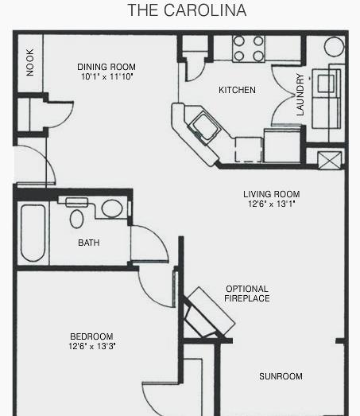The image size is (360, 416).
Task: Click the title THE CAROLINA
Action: pyautogui.click(x=188, y=10)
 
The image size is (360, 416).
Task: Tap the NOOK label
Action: pyautogui.click(x=30, y=62)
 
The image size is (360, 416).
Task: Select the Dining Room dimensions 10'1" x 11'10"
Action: pyautogui.click(x=106, y=76)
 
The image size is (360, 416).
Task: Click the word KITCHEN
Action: pyautogui.click(x=237, y=90)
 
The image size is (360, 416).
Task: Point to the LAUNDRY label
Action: pyautogui.click(x=300, y=95)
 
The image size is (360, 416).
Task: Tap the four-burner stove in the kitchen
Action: pyautogui.click(x=249, y=49)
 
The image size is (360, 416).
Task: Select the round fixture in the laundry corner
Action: pyautogui.click(x=334, y=46)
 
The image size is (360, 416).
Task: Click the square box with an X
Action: pyautogui.click(x=330, y=160)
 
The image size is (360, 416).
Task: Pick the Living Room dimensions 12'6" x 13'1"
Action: pyautogui.click(x=272, y=204)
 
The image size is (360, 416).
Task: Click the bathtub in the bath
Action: pyautogui.click(x=33, y=233)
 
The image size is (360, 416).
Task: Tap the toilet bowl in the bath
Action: pyautogui.click(x=76, y=219)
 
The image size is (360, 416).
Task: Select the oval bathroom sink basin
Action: pyautogui.click(x=112, y=208)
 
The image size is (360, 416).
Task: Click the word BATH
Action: pyautogui.click(x=89, y=243)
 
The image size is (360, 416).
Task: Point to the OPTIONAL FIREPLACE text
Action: pyautogui.click(x=247, y=294)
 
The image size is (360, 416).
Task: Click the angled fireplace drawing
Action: pyautogui.click(x=207, y=313)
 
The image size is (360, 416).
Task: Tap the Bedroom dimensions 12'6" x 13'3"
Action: pyautogui.click(x=91, y=346)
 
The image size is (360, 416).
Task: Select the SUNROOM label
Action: pyautogui.click(x=281, y=376)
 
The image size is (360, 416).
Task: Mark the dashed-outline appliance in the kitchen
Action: pyautogui.click(x=249, y=150)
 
